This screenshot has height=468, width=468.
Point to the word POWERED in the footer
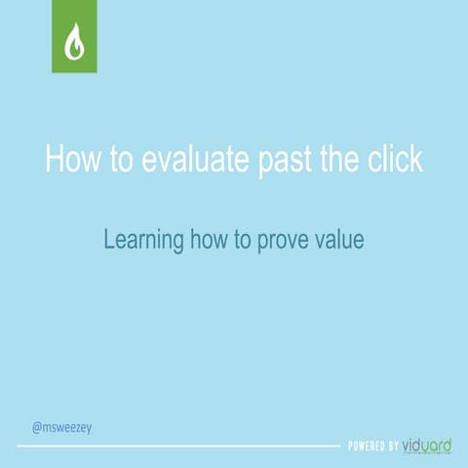[x=367, y=447]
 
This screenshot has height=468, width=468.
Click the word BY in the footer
[x=393, y=447]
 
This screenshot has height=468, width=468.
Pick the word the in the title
[x=342, y=159]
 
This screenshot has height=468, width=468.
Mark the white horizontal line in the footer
[x=175, y=447]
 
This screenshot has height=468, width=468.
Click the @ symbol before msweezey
[x=36, y=427]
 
